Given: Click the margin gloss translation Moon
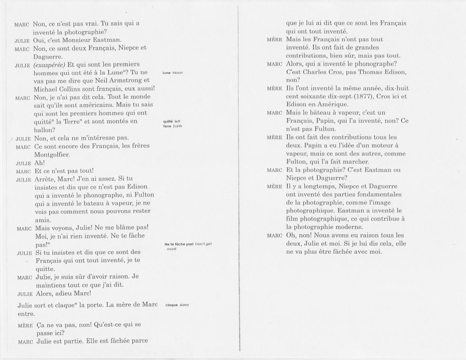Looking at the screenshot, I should tap(177, 73).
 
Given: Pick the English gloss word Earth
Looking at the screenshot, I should tap(177, 126).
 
